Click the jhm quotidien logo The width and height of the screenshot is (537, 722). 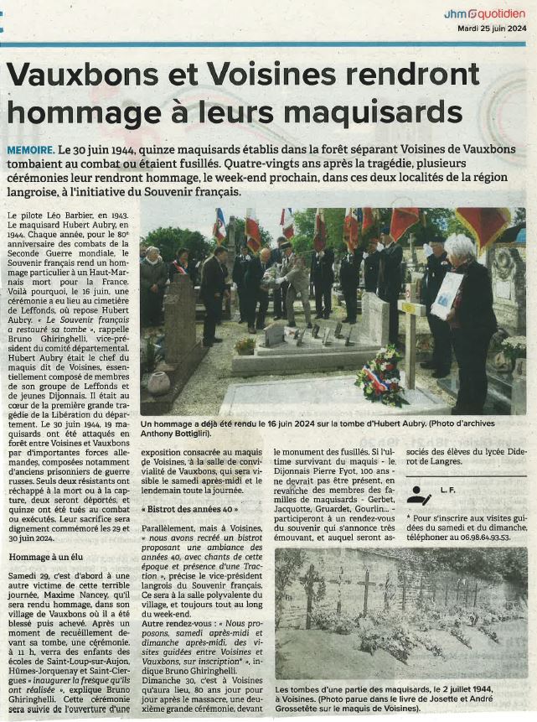pos(484,14)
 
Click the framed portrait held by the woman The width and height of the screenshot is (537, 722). pos(447,295)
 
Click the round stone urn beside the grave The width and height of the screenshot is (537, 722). pos(159,382)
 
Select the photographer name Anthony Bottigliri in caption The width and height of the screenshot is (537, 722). pos(177,433)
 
